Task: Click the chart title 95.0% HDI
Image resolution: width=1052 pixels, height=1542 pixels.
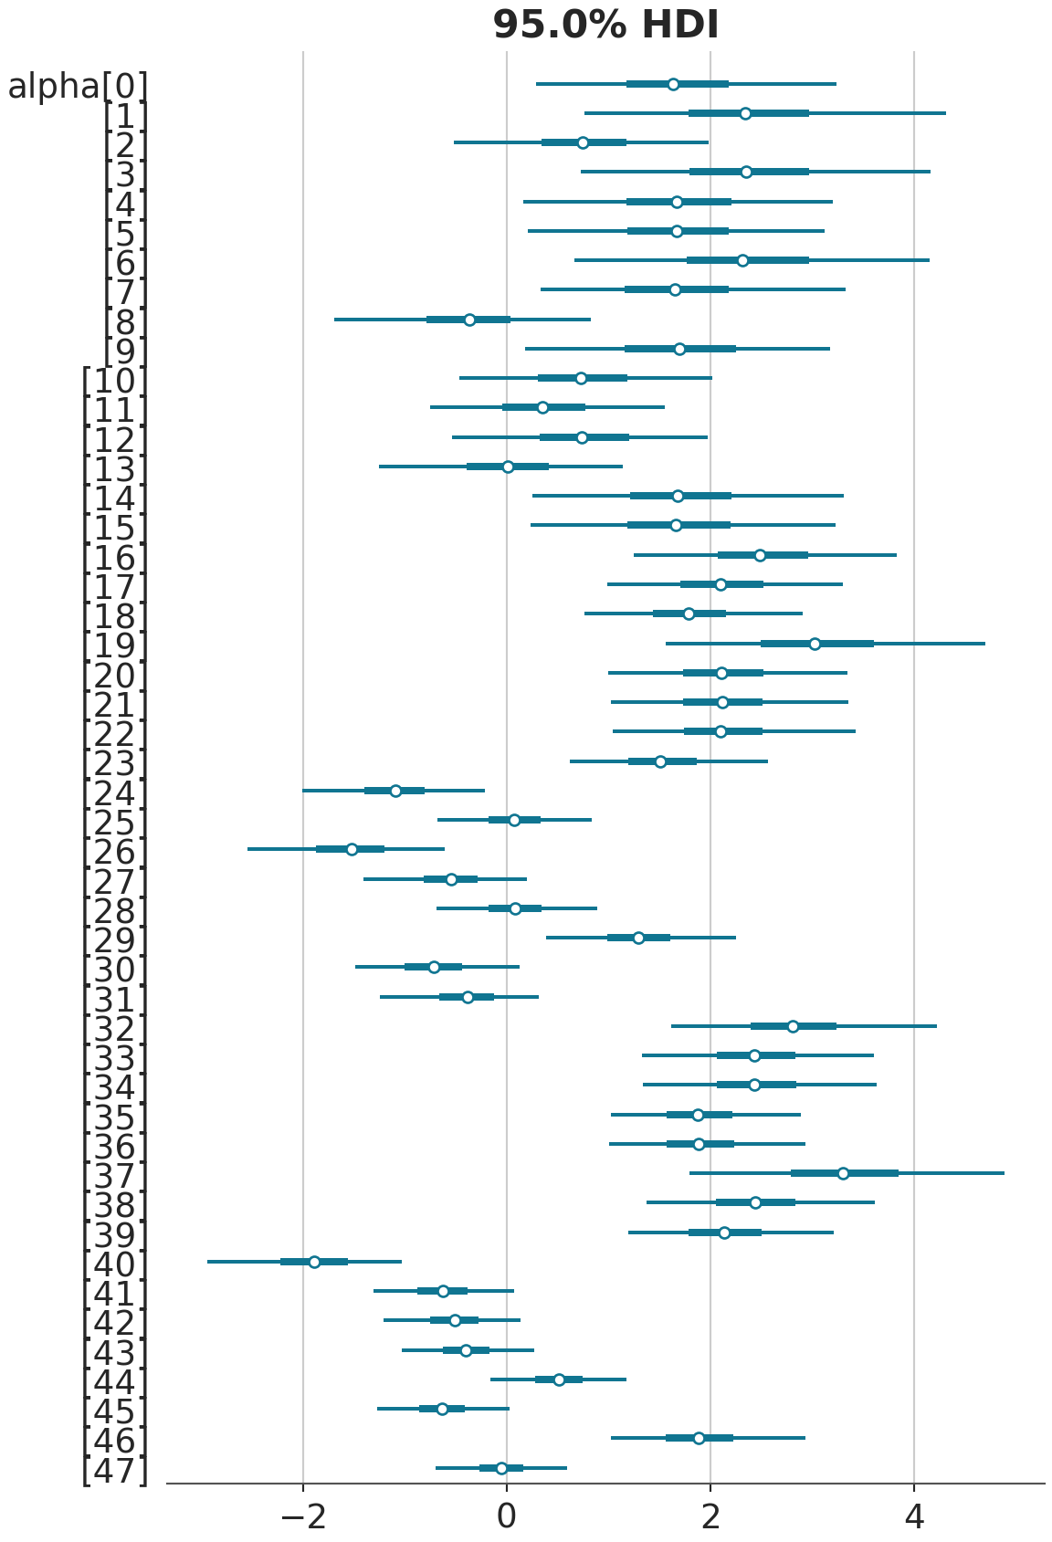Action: [605, 25]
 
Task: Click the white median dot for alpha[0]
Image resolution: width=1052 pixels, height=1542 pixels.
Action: [673, 84]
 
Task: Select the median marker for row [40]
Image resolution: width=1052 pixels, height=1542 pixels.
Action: [314, 1262]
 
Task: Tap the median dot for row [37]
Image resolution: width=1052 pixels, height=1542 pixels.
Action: [843, 1173]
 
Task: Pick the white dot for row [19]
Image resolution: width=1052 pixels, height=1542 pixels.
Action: [815, 644]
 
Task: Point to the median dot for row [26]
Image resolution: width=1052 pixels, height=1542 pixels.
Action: [352, 849]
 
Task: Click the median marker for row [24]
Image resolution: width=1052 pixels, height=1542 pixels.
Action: [395, 791]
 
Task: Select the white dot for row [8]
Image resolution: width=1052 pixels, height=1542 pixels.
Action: [469, 320]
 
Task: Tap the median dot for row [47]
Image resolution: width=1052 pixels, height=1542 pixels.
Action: [501, 1468]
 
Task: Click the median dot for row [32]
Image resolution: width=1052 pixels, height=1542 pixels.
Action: [793, 1026]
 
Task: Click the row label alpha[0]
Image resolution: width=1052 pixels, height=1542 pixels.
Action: [77, 87]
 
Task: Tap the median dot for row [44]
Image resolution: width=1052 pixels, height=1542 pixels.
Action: [559, 1379]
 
